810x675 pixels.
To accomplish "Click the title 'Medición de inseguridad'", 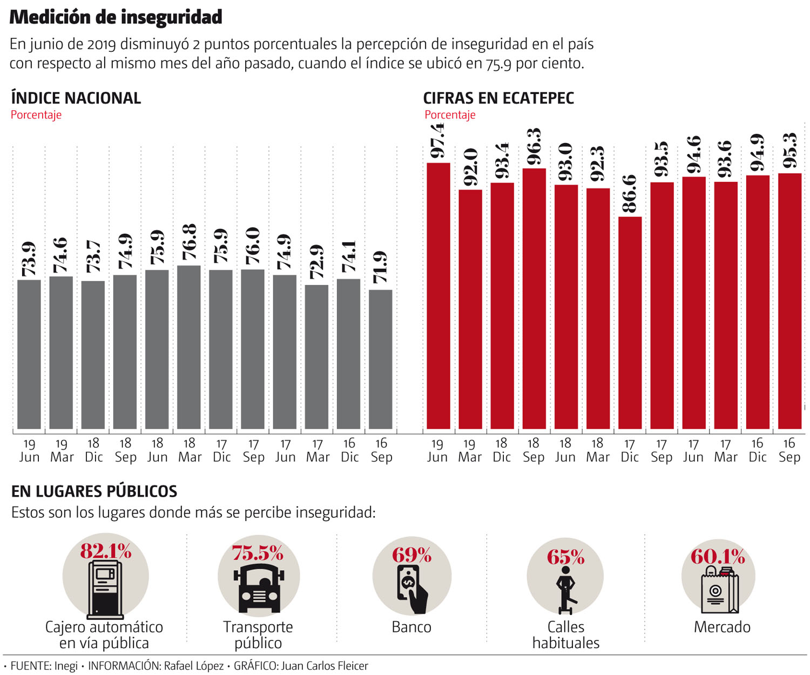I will click(x=116, y=17).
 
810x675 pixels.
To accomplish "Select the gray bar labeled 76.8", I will click(x=189, y=347).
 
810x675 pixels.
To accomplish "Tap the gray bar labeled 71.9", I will click(x=381, y=359).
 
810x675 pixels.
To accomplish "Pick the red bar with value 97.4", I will click(x=438, y=295).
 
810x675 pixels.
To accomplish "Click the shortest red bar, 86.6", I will click(x=630, y=322).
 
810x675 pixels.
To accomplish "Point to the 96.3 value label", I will click(x=534, y=147).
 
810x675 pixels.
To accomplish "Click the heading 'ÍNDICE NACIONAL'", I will click(x=76, y=98).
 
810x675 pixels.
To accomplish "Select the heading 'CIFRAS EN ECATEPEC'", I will click(x=498, y=98).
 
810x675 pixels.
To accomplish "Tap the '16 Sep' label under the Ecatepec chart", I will click(x=789, y=450).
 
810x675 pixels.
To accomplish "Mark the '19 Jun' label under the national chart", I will click(x=29, y=450).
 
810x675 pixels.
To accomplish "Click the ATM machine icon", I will click(x=105, y=589).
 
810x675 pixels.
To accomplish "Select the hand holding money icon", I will click(x=412, y=589).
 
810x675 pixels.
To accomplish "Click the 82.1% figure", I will click(x=106, y=551).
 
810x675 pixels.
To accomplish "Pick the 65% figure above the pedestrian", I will click(x=565, y=557).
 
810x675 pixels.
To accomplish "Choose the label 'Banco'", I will click(x=411, y=627).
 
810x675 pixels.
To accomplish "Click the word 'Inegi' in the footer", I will click(x=66, y=666).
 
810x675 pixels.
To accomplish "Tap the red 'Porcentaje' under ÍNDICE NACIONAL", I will click(x=36, y=114).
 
